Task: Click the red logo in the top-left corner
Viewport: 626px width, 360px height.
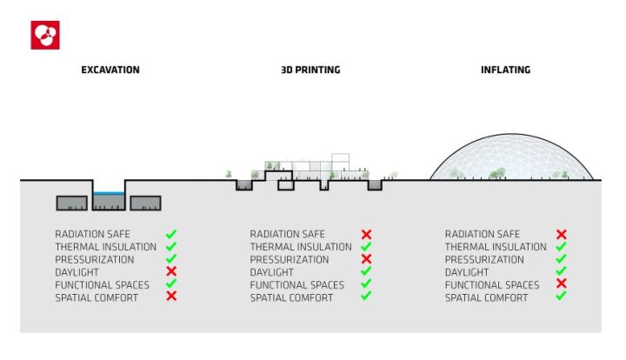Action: pyautogui.click(x=45, y=36)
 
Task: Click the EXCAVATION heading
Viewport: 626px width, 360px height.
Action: pyautogui.click(x=110, y=70)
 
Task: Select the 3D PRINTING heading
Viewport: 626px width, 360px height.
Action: pyautogui.click(x=310, y=70)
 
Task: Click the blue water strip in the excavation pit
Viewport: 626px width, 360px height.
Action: pyautogui.click(x=110, y=194)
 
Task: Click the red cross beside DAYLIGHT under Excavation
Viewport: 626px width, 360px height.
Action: pyautogui.click(x=171, y=272)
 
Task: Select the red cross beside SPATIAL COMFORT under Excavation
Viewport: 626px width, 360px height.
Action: pyautogui.click(x=171, y=297)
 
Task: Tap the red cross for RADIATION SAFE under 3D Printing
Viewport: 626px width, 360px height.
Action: pyautogui.click(x=366, y=235)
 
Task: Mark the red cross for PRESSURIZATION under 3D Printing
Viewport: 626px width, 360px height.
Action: pyautogui.click(x=366, y=259)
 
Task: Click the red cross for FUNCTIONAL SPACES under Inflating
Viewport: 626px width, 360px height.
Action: pyautogui.click(x=561, y=284)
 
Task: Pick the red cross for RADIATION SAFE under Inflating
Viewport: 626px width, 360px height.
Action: pyautogui.click(x=561, y=235)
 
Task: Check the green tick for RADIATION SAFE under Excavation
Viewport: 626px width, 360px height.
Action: pyautogui.click(x=171, y=234)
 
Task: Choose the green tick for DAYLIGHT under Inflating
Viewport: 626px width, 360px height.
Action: pyautogui.click(x=561, y=271)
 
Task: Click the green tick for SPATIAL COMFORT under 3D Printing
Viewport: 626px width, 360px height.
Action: pyautogui.click(x=366, y=297)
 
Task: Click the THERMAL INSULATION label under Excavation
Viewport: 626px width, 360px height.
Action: pyautogui.click(x=105, y=247)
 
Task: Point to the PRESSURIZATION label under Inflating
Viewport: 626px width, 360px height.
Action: pyautogui.click(x=484, y=260)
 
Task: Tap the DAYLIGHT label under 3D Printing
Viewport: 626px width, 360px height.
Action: pyautogui.click(x=272, y=272)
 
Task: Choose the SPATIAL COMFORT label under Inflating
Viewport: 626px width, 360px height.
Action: pyautogui.click(x=486, y=297)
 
